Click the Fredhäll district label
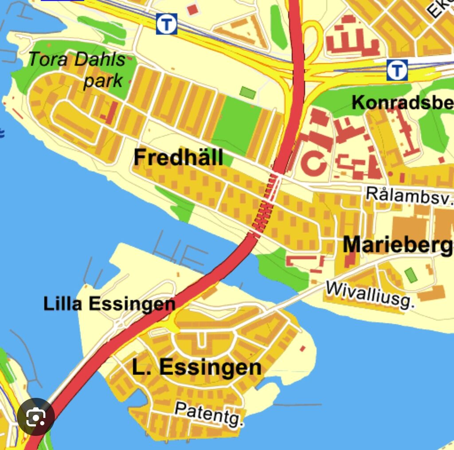(x=178, y=158)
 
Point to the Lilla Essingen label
(x=109, y=304)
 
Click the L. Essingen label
(x=196, y=367)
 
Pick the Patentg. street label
(x=209, y=414)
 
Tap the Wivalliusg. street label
(x=370, y=295)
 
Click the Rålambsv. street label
(x=409, y=195)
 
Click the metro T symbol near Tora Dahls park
(x=167, y=24)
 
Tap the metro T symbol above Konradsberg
(x=397, y=70)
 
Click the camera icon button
(x=36, y=417)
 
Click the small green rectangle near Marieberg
(x=411, y=275)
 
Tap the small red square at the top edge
(x=192, y=9)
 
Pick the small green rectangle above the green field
(x=248, y=93)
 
